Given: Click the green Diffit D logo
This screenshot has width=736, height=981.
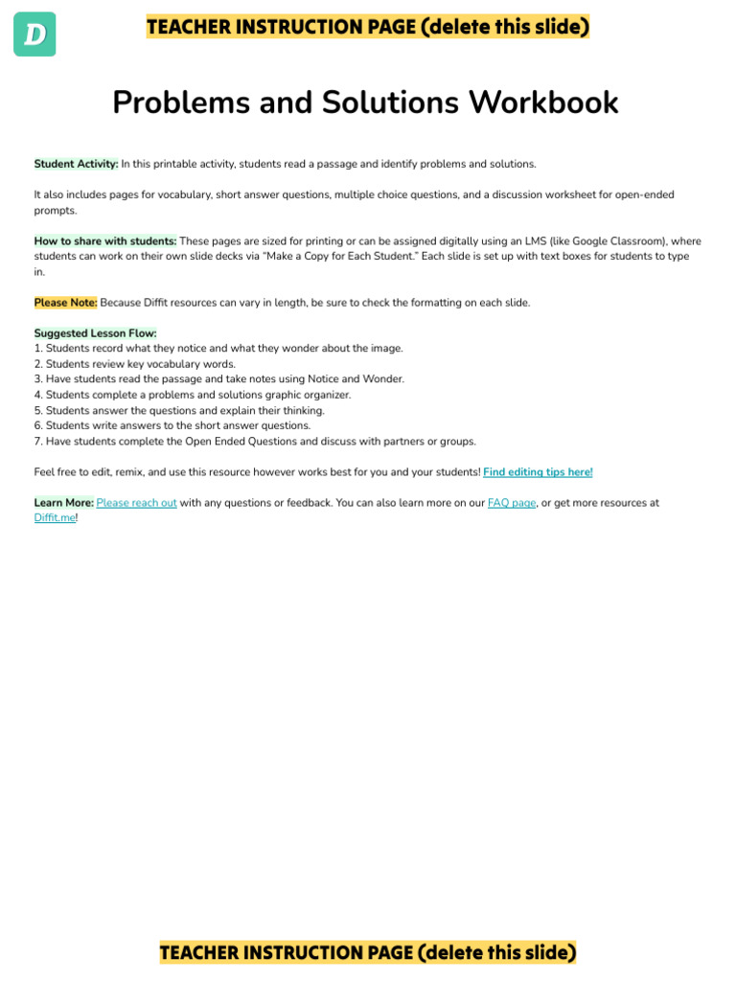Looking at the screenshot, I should coord(34,34).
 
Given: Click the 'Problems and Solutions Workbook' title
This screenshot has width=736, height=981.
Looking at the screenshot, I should coord(365,103).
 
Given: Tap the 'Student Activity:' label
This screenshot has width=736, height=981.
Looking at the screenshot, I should coord(77,164).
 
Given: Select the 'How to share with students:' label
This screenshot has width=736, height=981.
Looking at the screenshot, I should coord(105,241).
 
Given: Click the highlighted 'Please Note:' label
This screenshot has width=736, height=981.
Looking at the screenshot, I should coord(65,303).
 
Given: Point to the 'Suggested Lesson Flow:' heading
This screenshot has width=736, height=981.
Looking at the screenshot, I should coord(95,333).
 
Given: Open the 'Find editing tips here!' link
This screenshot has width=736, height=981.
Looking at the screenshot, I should coord(538,472).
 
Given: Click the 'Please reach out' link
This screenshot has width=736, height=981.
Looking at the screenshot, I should coord(136,503).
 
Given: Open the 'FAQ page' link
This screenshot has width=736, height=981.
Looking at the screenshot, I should coord(512,503).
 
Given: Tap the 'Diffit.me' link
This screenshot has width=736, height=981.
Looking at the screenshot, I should coord(55,518).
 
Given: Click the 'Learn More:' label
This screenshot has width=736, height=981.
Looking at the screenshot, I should coord(63,503).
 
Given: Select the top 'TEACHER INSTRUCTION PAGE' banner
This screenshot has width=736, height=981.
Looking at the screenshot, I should coord(368,27).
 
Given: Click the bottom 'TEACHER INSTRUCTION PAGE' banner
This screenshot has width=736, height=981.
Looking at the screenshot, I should coord(368,952).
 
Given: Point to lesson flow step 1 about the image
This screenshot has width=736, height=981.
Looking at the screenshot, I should coord(218,349).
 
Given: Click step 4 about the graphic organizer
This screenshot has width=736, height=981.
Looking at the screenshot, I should coord(193,395).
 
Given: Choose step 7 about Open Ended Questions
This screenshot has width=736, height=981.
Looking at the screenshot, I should coord(255,442).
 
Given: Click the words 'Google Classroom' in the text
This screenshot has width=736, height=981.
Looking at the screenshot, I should coord(614,241).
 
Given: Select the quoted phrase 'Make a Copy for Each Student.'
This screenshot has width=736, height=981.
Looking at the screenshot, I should coord(376,257).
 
